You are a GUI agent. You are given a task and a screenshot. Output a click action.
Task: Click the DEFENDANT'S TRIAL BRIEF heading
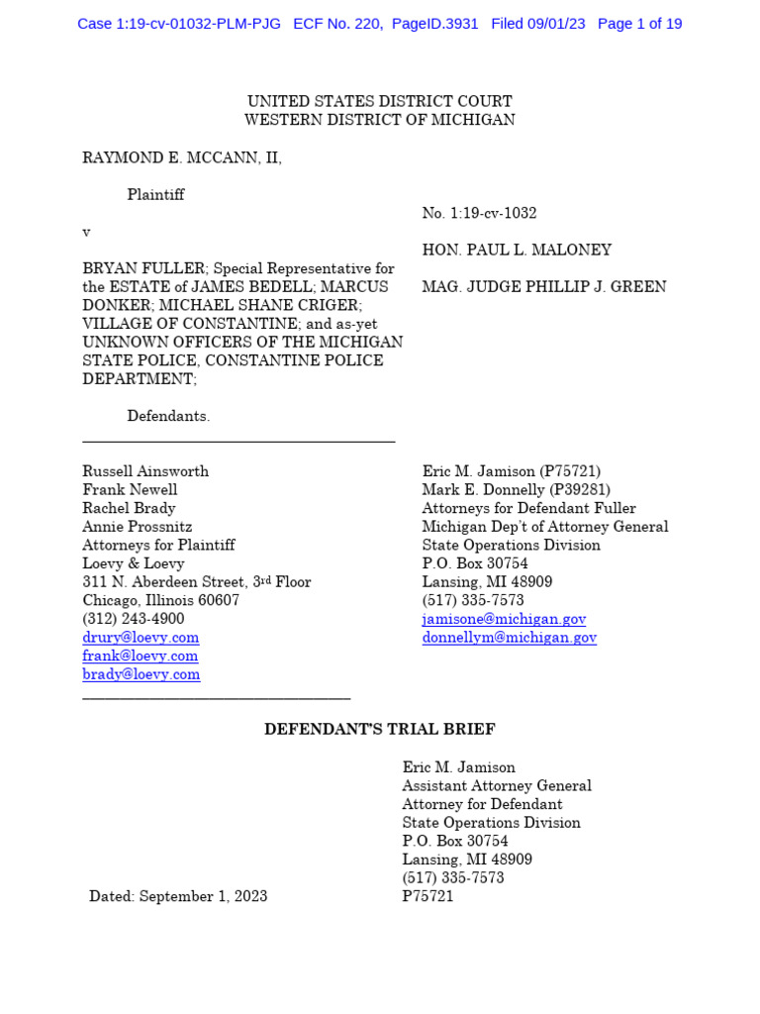pyautogui.click(x=379, y=730)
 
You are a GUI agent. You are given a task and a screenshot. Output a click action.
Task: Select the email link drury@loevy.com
pyautogui.click(x=141, y=638)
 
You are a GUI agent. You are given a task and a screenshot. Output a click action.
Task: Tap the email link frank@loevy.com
pyautogui.click(x=140, y=656)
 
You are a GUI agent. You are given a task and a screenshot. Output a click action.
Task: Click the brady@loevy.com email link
pyautogui.click(x=141, y=674)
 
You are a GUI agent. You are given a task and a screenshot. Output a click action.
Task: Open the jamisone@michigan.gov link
pyautogui.click(x=504, y=619)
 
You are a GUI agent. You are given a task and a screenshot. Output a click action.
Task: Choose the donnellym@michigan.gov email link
pyautogui.click(x=509, y=638)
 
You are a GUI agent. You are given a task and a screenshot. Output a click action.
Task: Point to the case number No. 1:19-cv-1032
pyautogui.click(x=479, y=213)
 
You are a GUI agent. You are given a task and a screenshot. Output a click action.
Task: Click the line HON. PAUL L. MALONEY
pyautogui.click(x=517, y=251)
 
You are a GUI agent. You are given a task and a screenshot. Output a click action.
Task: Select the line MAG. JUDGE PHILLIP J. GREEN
pyautogui.click(x=543, y=287)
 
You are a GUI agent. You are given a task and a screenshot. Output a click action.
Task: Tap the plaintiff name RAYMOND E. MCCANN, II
pyautogui.click(x=182, y=158)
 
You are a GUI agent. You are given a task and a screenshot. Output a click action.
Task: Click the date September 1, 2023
pyautogui.click(x=203, y=896)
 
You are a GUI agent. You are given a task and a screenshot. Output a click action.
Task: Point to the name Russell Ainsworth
pyautogui.click(x=145, y=471)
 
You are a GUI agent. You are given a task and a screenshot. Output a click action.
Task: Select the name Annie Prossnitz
pyautogui.click(x=138, y=527)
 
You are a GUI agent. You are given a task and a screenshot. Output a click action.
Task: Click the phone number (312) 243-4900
pyautogui.click(x=133, y=619)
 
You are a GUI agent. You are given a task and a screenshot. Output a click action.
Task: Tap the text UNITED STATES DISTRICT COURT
pyautogui.click(x=379, y=102)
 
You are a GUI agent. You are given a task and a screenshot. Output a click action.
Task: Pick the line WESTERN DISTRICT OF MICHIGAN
pyautogui.click(x=379, y=120)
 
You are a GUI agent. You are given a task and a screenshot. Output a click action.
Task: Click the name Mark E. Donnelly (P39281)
pyautogui.click(x=516, y=490)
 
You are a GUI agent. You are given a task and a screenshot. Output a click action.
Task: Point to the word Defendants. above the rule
pyautogui.click(x=168, y=417)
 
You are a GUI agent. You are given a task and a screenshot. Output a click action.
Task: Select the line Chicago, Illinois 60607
pyautogui.click(x=160, y=600)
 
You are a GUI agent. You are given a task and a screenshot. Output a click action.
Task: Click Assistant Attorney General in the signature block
pyautogui.click(x=497, y=786)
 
